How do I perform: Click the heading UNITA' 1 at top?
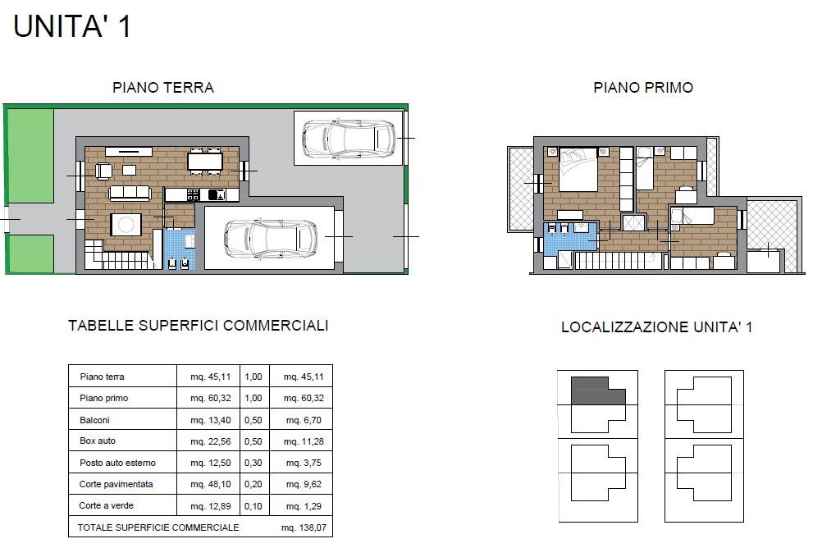coord(72,26)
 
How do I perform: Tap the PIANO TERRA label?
coord(163,88)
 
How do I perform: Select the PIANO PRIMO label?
coord(643,88)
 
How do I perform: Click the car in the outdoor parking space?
coord(349,138)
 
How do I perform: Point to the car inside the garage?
coord(271,239)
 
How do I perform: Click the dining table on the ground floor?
coord(205,161)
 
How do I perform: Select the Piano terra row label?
coord(103,377)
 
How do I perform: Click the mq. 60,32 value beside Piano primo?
coord(210,398)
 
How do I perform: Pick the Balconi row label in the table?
coord(94,419)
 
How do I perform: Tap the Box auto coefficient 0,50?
coord(253,441)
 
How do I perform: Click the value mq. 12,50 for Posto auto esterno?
coord(210,463)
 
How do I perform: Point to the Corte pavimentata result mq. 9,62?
coord(299,484)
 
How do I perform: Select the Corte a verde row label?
coord(107,505)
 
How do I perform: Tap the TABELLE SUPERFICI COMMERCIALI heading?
coord(198,326)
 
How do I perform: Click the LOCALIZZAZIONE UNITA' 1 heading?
coord(656,327)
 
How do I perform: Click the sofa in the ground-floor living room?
coord(130,192)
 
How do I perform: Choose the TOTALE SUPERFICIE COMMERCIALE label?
coord(158,527)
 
